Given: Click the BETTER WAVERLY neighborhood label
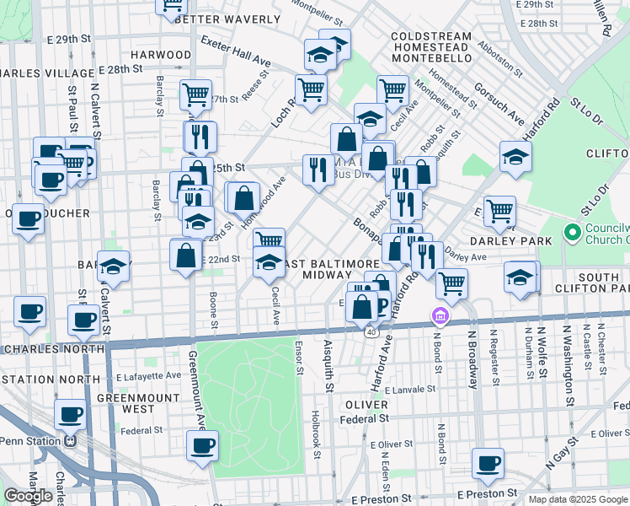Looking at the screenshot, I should (x=227, y=19).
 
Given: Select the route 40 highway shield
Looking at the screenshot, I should (x=371, y=332).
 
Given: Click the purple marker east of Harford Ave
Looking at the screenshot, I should (x=439, y=317).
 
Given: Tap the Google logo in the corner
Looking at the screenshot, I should (x=28, y=496).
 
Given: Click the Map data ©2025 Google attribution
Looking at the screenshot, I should (x=578, y=499).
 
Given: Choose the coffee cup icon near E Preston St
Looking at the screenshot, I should (x=488, y=462).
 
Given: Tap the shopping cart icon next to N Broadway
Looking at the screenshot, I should (x=452, y=283).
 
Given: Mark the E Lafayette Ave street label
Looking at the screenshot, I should (x=149, y=375).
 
